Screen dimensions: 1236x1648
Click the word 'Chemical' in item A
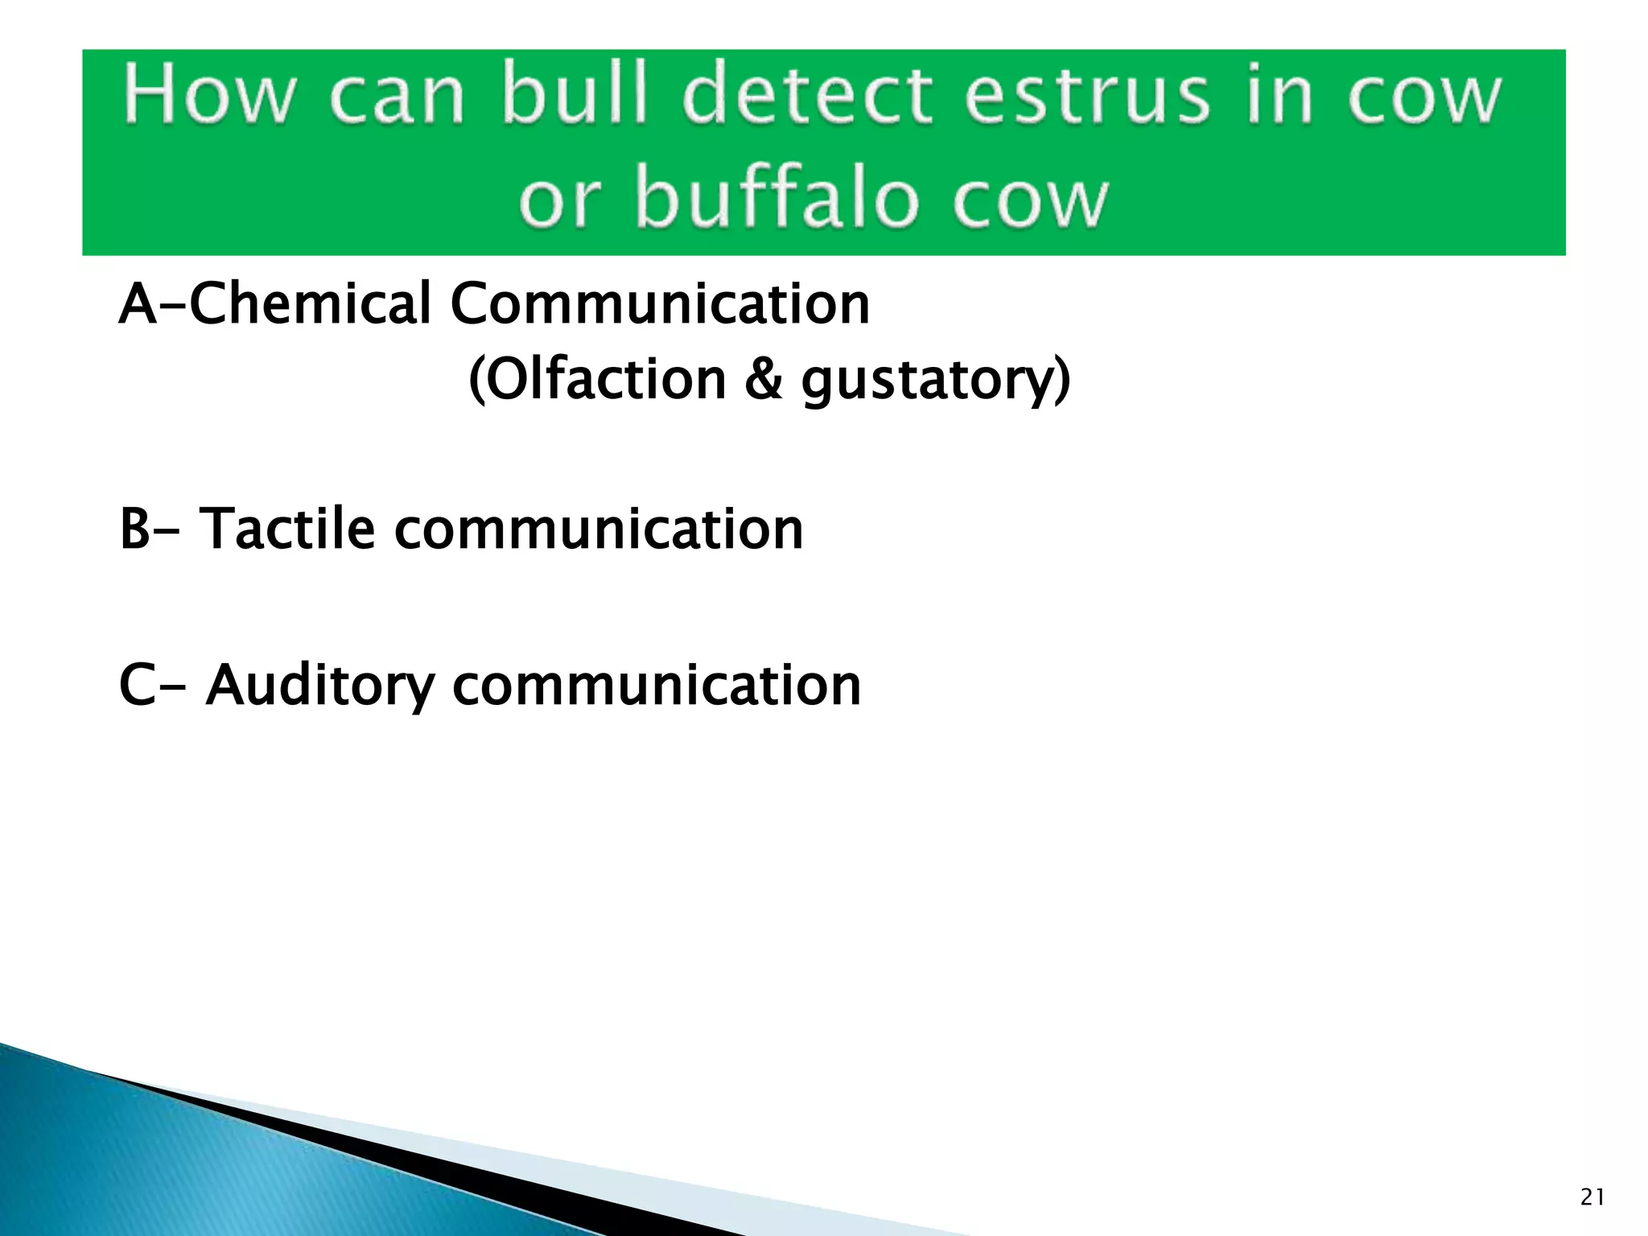pyautogui.click(x=311, y=304)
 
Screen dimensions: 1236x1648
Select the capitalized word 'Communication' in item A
pyautogui.click(x=659, y=304)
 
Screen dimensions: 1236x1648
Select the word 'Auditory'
pyautogui.click(x=319, y=686)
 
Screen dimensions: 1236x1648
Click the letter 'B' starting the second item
pyautogui.click(x=135, y=529)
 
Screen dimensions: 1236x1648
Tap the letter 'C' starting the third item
pyautogui.click(x=137, y=686)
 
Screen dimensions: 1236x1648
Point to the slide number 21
pyautogui.click(x=1592, y=1198)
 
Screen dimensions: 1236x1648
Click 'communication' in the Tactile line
pyautogui.click(x=598, y=529)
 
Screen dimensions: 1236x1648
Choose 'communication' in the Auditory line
pyautogui.click(x=656, y=686)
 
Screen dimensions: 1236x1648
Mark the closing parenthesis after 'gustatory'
pyautogui.click(x=1063, y=381)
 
